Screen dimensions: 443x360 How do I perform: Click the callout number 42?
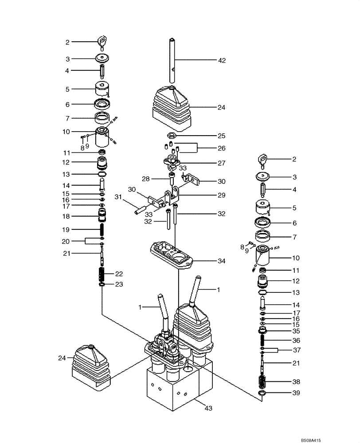point(221,60)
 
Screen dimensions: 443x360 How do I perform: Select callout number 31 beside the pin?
point(118,197)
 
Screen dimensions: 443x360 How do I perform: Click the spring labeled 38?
point(264,381)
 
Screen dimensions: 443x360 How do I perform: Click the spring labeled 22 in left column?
point(102,275)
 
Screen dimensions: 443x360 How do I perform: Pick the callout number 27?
point(221,163)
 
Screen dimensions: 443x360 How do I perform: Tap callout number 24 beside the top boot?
point(221,107)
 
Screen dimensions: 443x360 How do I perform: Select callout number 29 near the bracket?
point(221,195)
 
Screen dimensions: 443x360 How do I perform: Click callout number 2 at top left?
point(67,43)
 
